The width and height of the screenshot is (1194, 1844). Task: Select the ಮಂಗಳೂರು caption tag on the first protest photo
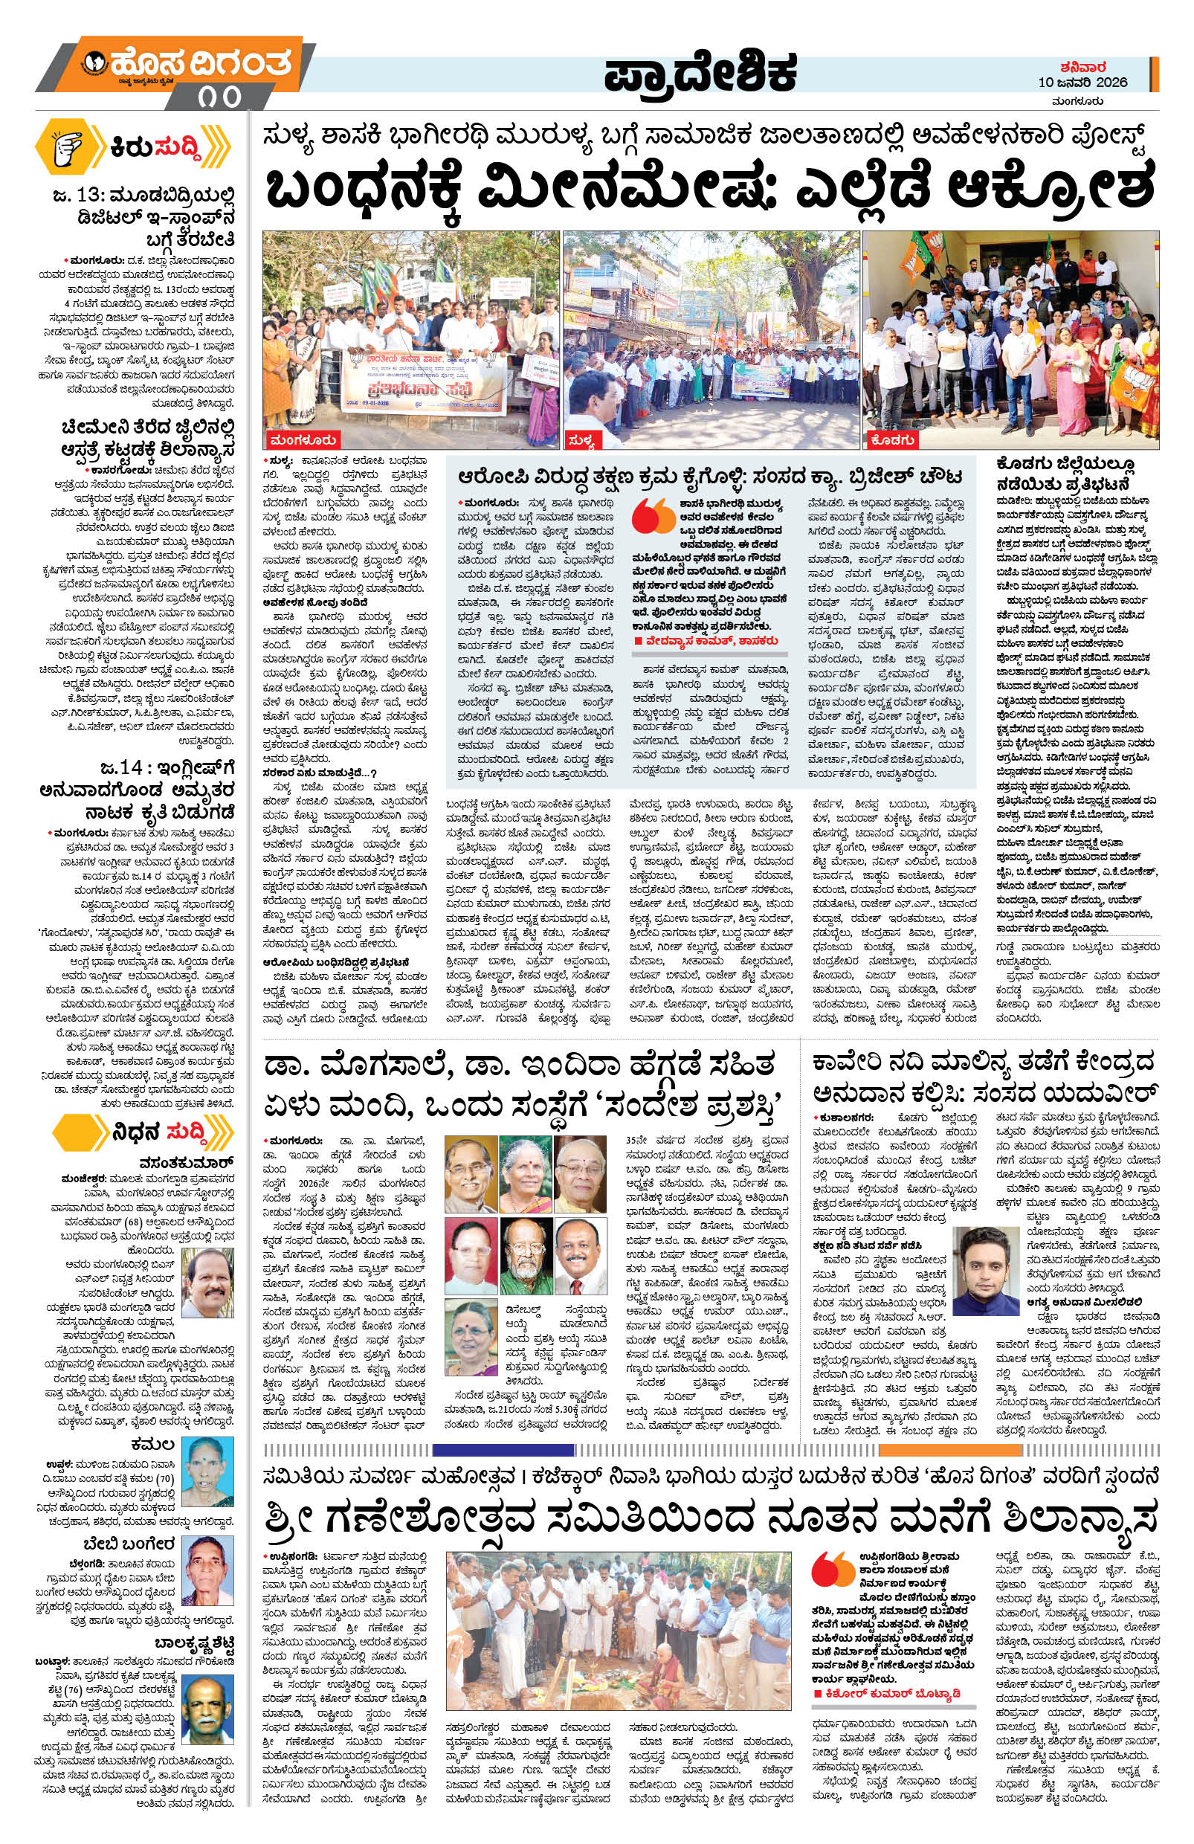(x=305, y=440)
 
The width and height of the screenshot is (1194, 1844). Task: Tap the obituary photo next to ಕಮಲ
(x=207, y=1471)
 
